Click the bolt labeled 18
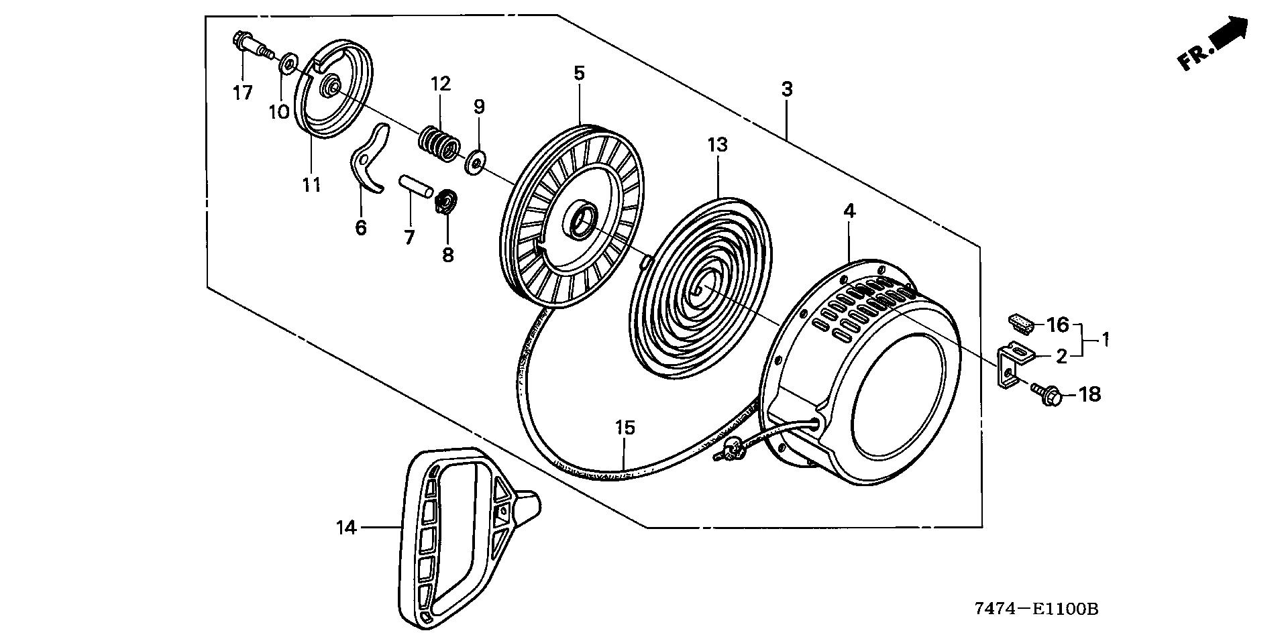[1046, 393]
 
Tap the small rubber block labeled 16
[1020, 322]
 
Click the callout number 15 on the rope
[625, 427]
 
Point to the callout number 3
[787, 89]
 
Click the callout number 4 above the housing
[849, 211]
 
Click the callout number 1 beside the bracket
[1104, 341]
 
